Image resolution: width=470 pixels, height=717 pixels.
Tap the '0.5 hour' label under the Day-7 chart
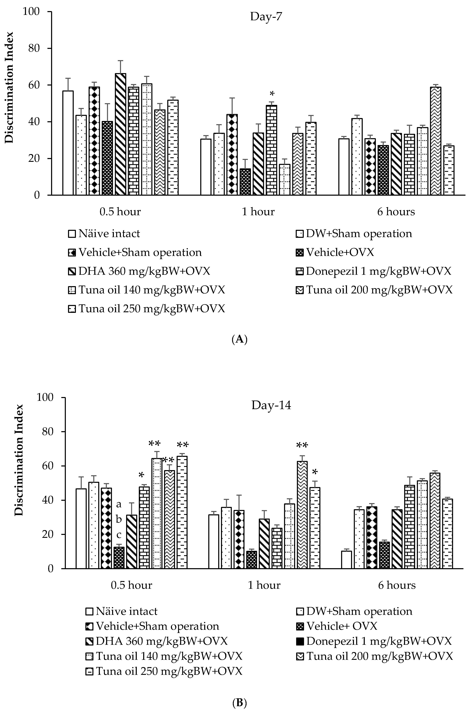click(120, 212)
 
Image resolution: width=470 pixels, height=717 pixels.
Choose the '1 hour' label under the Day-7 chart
click(258, 212)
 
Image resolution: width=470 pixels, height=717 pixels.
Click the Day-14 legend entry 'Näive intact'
click(127, 612)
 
